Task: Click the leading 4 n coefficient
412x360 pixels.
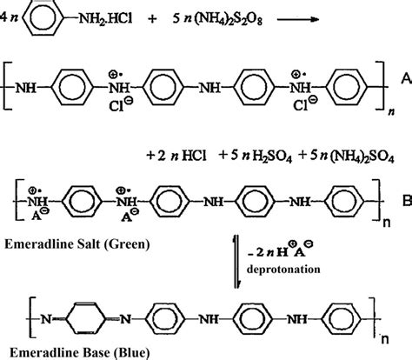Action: pyautogui.click(x=12, y=19)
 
